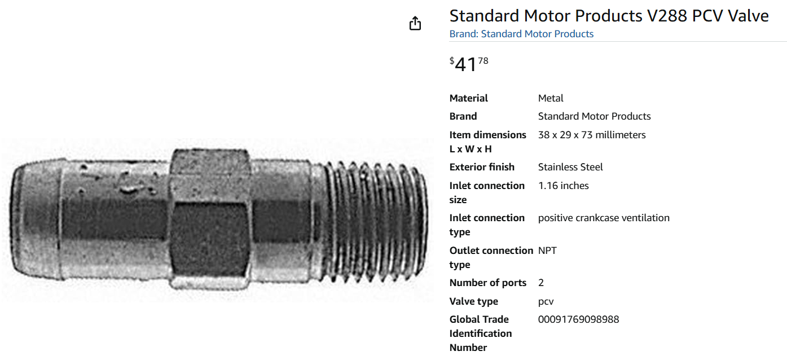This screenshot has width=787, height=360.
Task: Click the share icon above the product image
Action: (x=415, y=23)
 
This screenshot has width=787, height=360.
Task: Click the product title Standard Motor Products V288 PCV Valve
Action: (x=609, y=16)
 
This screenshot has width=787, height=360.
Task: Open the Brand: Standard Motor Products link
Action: (x=521, y=34)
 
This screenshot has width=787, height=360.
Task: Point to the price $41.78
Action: (x=469, y=64)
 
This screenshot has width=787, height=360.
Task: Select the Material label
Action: (x=468, y=98)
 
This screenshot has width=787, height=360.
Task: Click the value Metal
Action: (x=551, y=98)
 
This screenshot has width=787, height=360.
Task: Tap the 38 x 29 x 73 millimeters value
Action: (x=592, y=135)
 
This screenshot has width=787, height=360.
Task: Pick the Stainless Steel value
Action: (x=570, y=167)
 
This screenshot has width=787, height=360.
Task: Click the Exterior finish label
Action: (x=482, y=167)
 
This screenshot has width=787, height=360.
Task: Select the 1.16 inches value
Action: (x=563, y=186)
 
